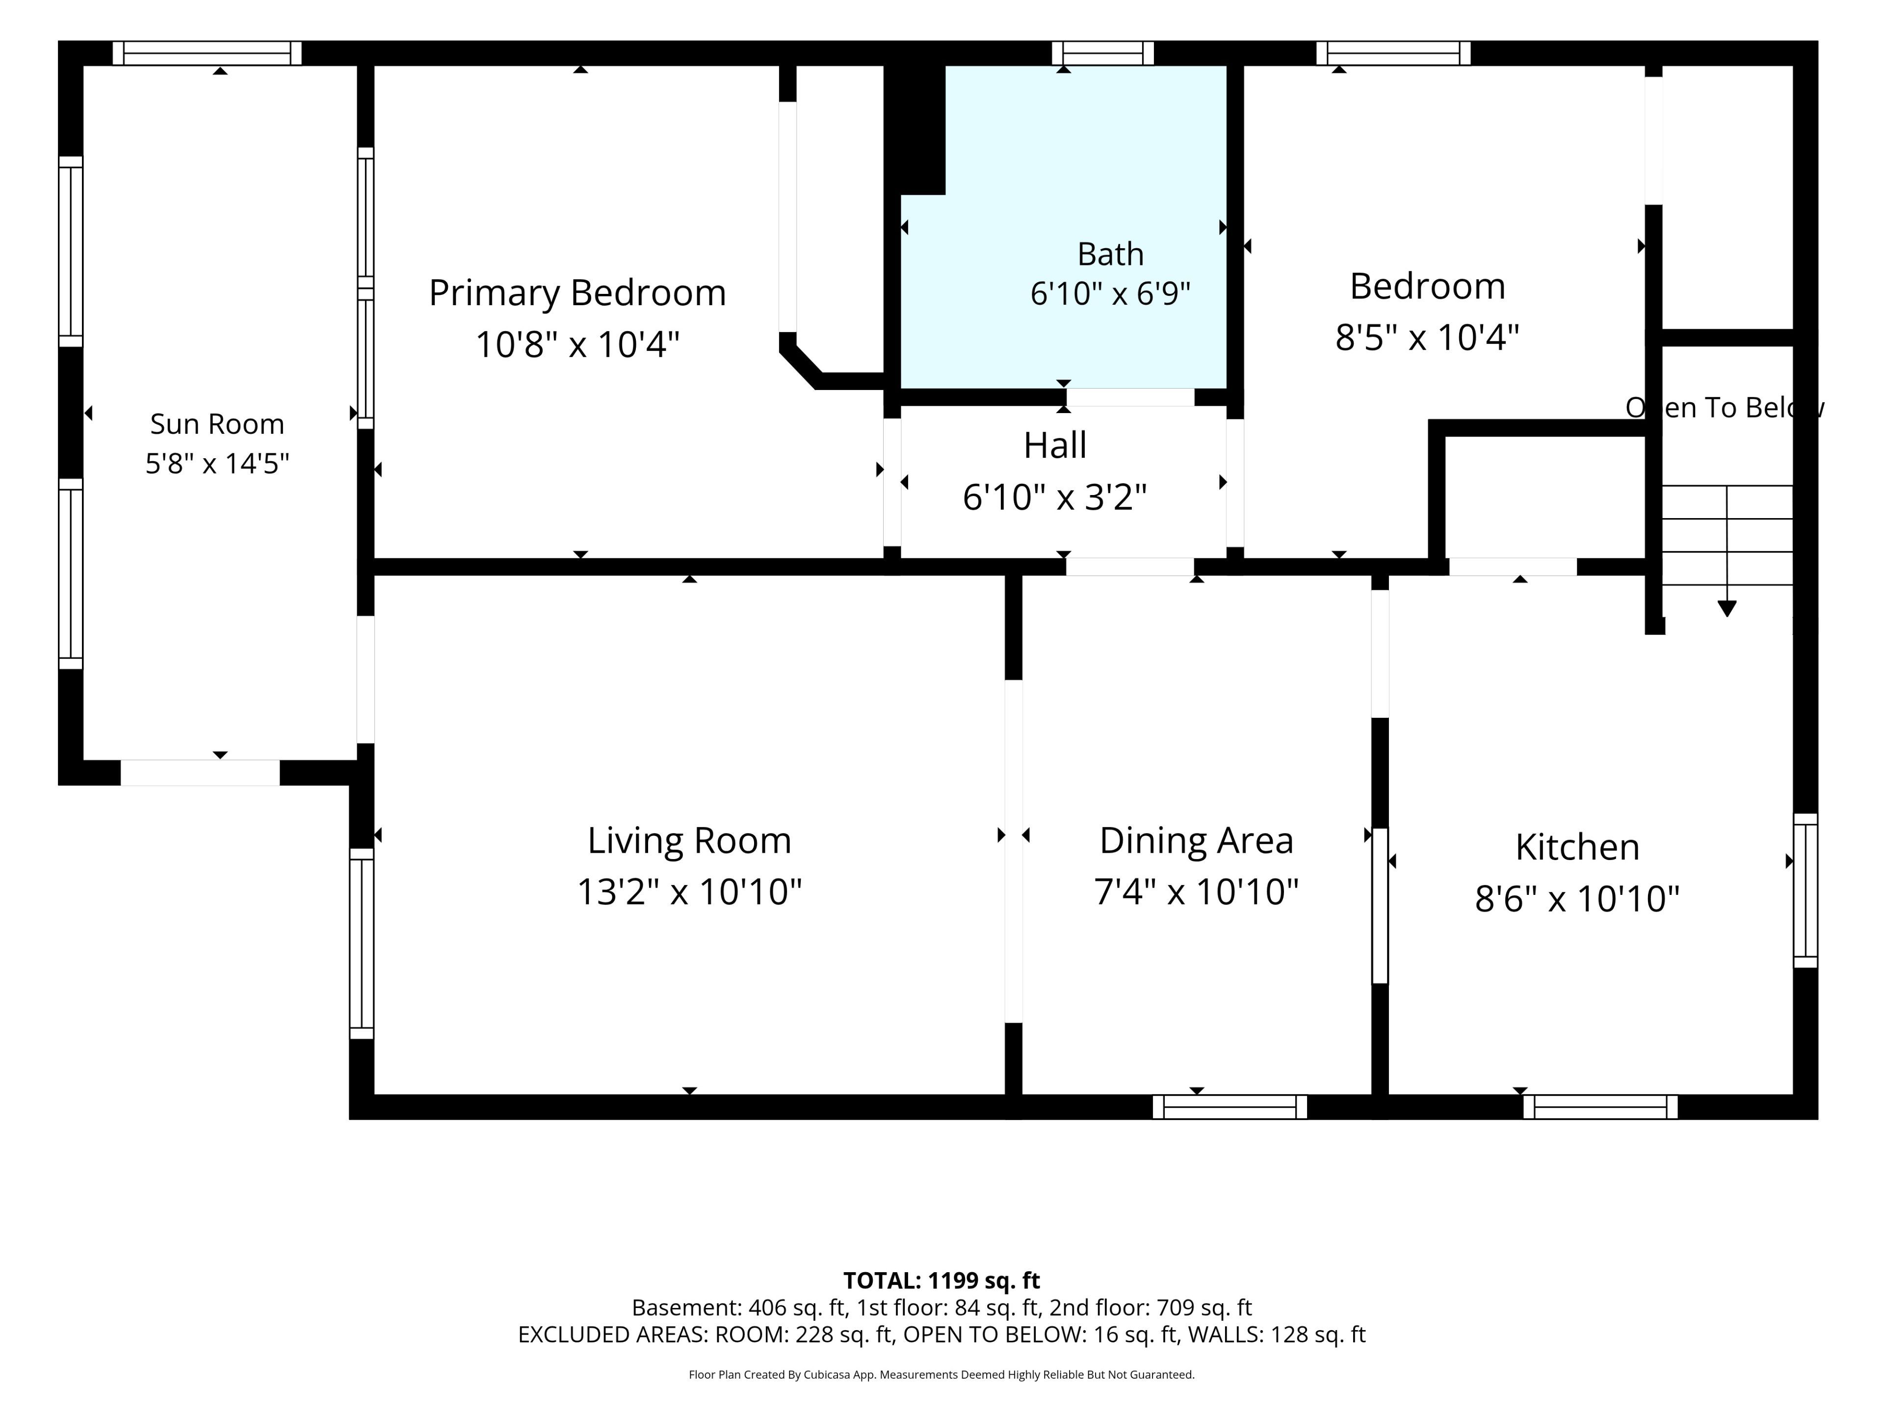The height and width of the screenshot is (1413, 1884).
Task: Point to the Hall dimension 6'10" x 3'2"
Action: tap(1054, 497)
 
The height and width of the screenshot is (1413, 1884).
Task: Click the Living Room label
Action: tap(689, 840)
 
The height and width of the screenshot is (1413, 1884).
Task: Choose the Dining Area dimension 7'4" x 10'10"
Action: tap(1196, 892)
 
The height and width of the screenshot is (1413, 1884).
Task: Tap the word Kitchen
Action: tap(1576, 847)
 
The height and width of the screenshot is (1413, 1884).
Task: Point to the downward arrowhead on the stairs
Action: tap(1727, 608)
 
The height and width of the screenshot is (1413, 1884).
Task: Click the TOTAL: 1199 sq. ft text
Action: tap(941, 1280)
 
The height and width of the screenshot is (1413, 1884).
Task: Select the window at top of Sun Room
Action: tap(207, 53)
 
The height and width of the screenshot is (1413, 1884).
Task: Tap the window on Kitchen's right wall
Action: tap(1805, 890)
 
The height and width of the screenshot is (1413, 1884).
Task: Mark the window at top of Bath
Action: tap(1103, 53)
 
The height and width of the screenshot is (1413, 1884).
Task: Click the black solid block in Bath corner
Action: tap(915, 128)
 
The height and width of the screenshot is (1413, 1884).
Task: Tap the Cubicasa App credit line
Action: tap(941, 1374)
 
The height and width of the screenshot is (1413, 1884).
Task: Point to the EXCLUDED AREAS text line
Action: tap(941, 1334)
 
